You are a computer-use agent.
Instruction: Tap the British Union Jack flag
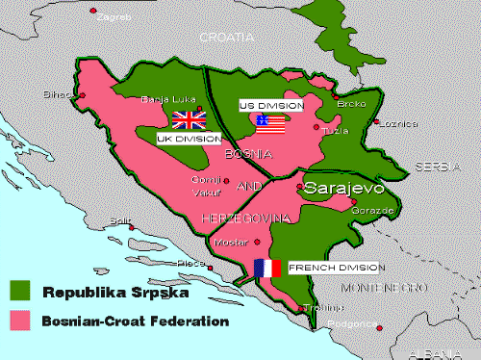pos(189,119)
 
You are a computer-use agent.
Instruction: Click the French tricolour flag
pos(266,268)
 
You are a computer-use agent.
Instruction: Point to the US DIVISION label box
pos(271,105)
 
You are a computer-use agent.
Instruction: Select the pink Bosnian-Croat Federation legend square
pos(21,321)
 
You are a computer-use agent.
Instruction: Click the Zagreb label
pos(117,17)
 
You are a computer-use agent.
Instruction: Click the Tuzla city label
pos(335,130)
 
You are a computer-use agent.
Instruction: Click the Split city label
pos(119,220)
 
